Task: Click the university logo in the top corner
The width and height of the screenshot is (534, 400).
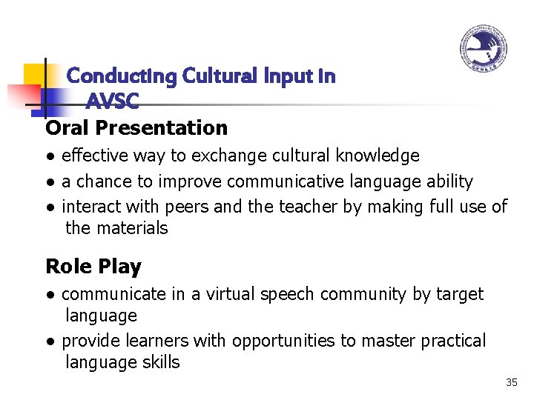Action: click(x=483, y=50)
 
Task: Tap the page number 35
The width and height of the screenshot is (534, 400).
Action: click(x=511, y=382)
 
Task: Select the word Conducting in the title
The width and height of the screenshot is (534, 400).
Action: click(x=122, y=76)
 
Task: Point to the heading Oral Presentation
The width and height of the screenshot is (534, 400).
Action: click(x=136, y=128)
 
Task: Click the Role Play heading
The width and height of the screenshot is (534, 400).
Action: click(x=93, y=267)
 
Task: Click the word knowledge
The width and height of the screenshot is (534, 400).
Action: click(x=378, y=156)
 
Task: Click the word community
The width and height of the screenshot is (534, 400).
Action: click(x=365, y=294)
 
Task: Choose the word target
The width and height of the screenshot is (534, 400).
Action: click(x=458, y=294)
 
